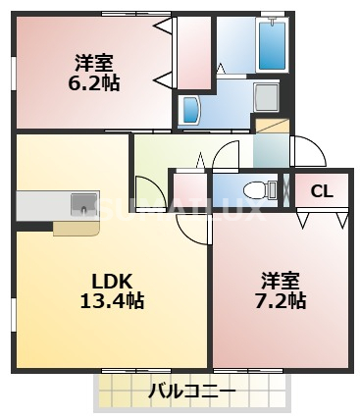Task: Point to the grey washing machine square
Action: [266, 97]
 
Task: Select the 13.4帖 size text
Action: [112, 300]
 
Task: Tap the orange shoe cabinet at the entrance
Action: [272, 125]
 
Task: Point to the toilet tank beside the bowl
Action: [274, 189]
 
